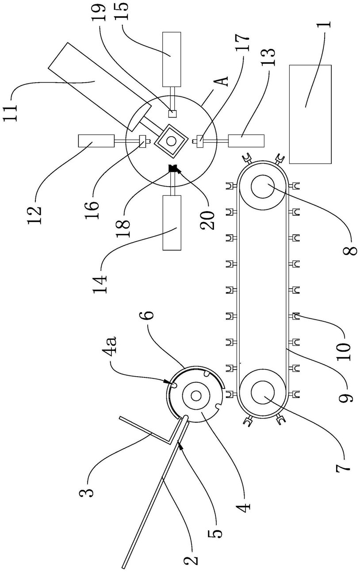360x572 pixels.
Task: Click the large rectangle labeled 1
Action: click(310, 114)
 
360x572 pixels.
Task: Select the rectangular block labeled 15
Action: click(172, 59)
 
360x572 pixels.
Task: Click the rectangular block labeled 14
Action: click(172, 223)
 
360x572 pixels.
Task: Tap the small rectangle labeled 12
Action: click(96, 141)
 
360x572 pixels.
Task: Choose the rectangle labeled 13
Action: click(246, 141)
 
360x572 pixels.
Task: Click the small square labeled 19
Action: click(172, 113)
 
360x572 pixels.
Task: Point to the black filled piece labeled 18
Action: click(173, 168)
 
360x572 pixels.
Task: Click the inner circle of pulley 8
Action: click(263, 187)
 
